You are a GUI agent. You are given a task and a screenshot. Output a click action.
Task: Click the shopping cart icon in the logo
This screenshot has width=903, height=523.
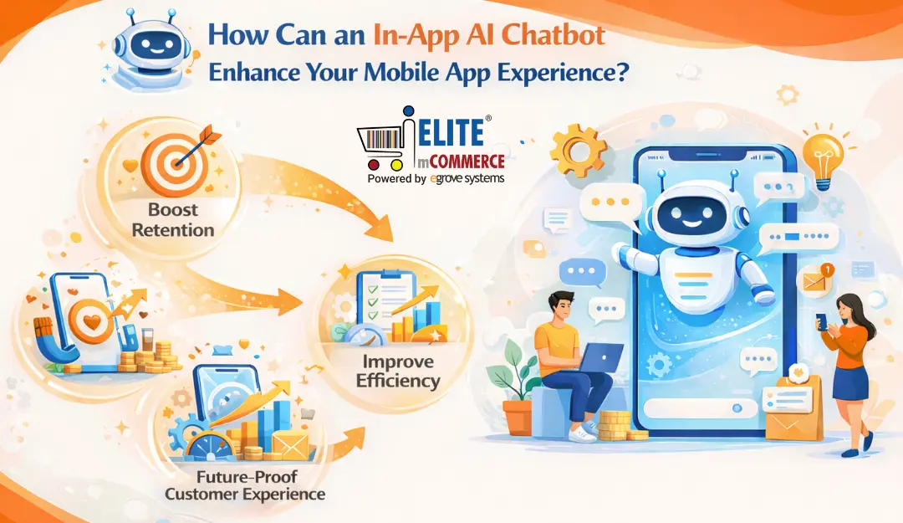(380, 147)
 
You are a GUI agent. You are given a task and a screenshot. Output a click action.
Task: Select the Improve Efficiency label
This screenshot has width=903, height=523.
(397, 371)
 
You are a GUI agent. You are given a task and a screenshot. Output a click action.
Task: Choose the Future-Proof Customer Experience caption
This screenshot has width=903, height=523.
(244, 485)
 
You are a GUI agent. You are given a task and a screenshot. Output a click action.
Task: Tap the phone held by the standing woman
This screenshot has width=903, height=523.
(821, 321)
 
